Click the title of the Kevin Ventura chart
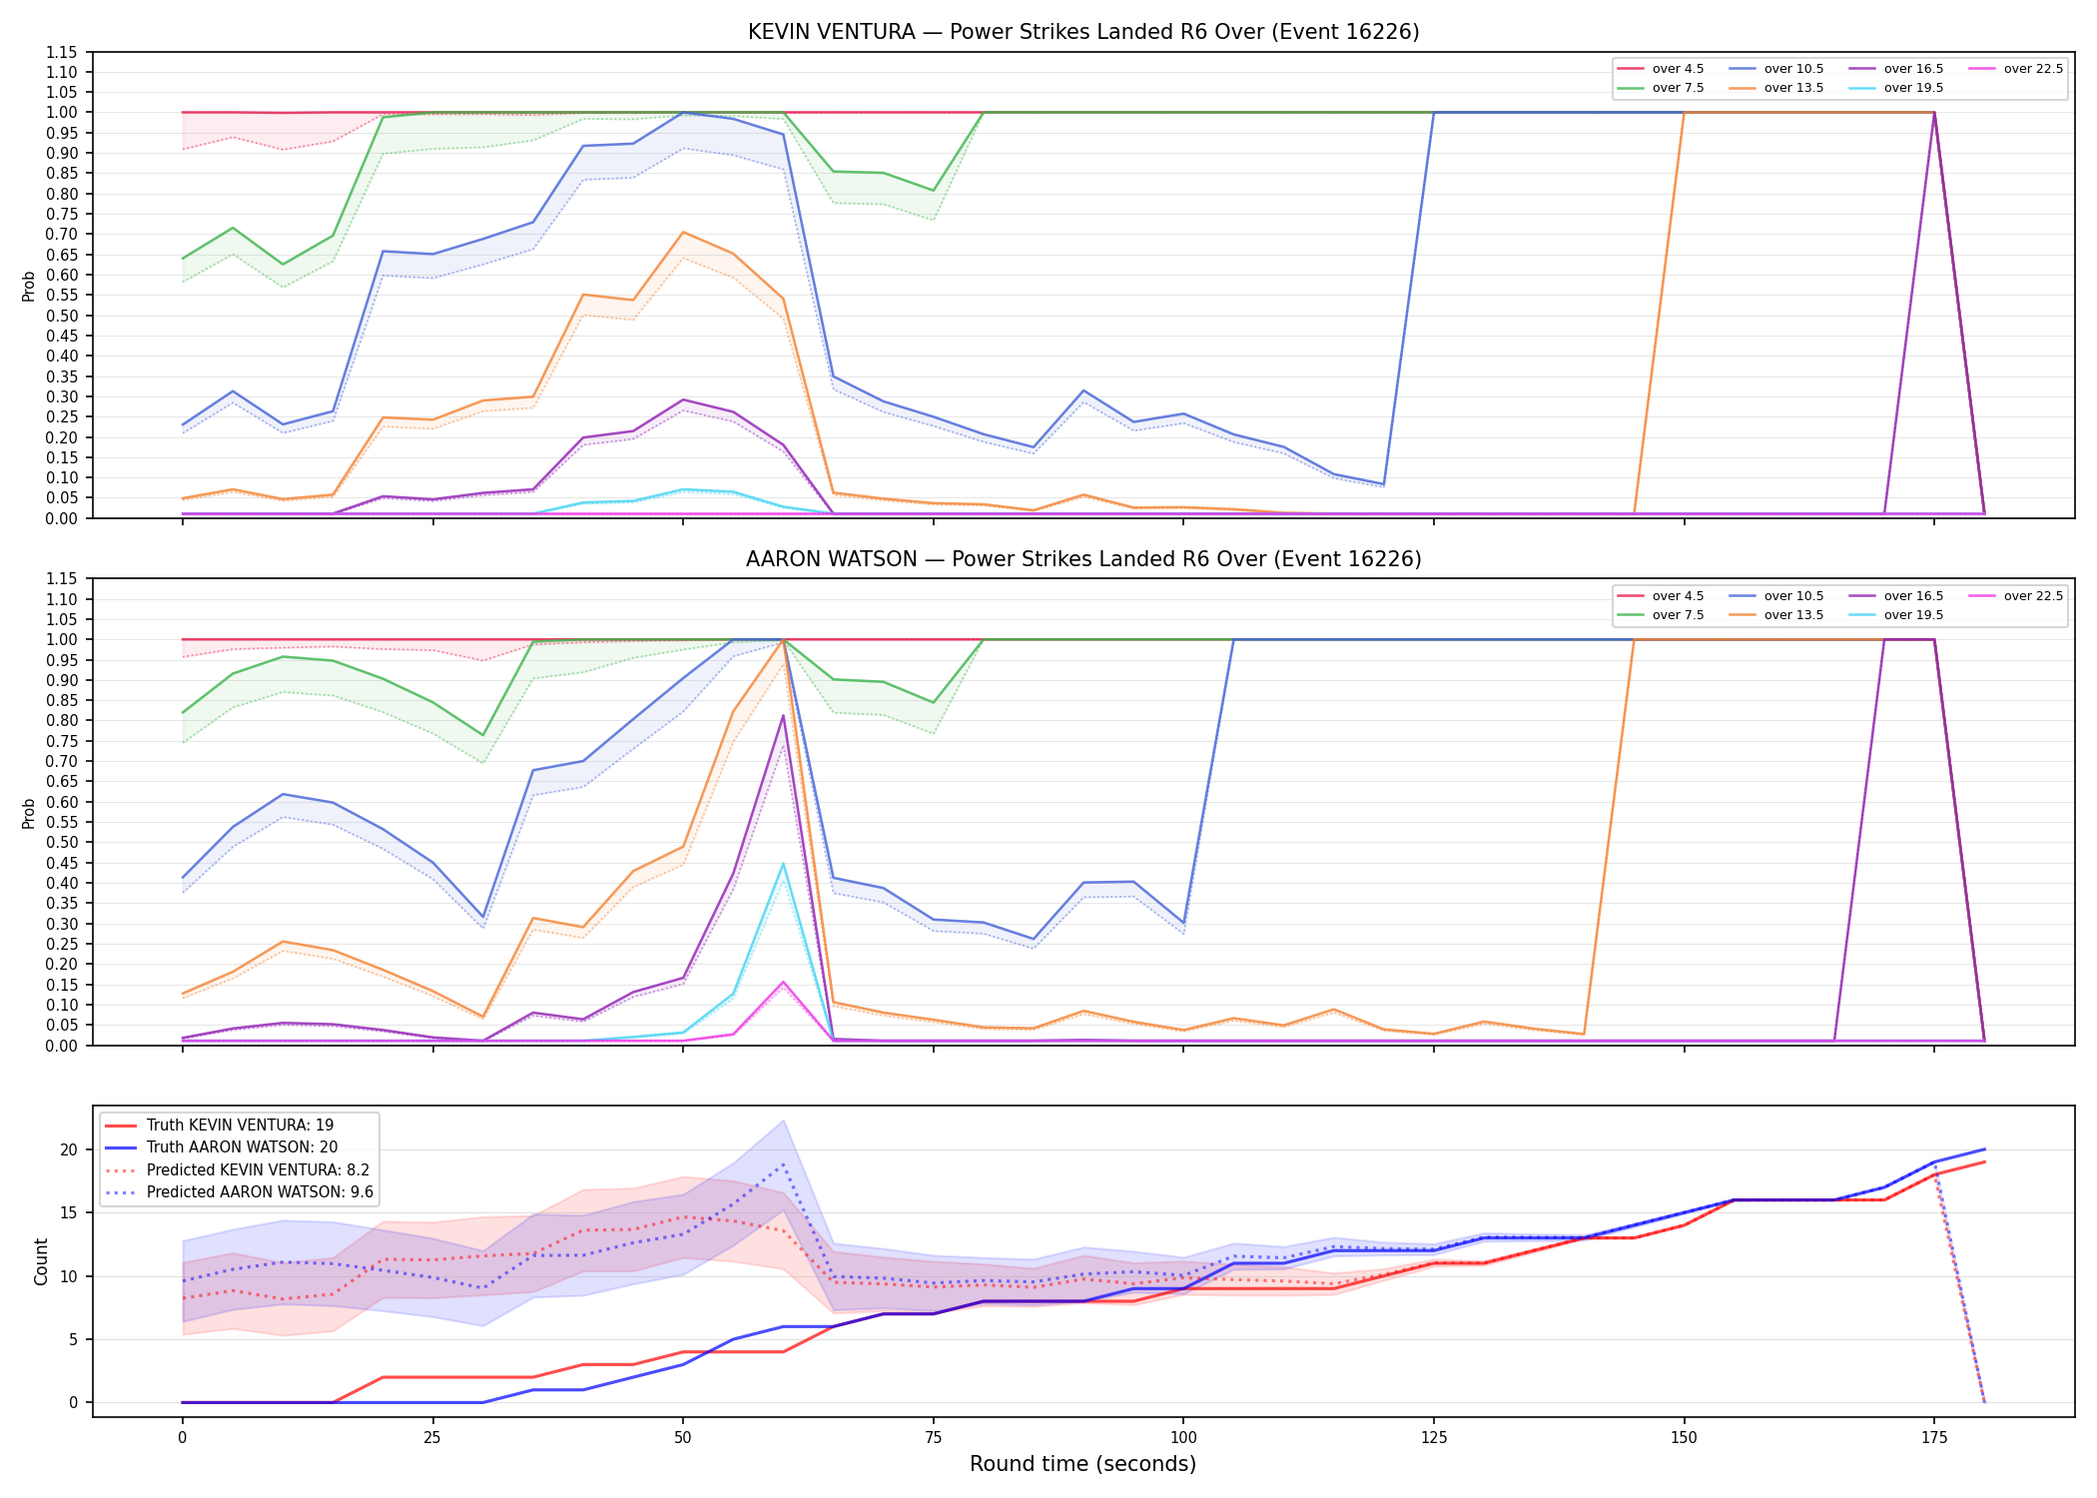(1083, 32)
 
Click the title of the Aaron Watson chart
(1083, 559)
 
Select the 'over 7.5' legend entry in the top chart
(1661, 88)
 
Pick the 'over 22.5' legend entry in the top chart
(2016, 69)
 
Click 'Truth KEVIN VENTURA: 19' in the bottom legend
(220, 1125)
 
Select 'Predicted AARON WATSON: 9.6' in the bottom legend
(239, 1192)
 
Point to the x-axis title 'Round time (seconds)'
(1082, 1464)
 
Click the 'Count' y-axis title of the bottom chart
(41, 1261)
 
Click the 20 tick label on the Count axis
(69, 1149)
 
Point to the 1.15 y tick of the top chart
(62, 52)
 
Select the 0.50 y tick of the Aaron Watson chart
(62, 842)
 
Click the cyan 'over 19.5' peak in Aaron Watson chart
(783, 864)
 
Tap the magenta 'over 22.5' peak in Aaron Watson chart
(783, 982)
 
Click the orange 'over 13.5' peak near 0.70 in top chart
(683, 233)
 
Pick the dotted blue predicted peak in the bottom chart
(783, 1163)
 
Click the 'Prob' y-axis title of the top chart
(29, 286)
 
